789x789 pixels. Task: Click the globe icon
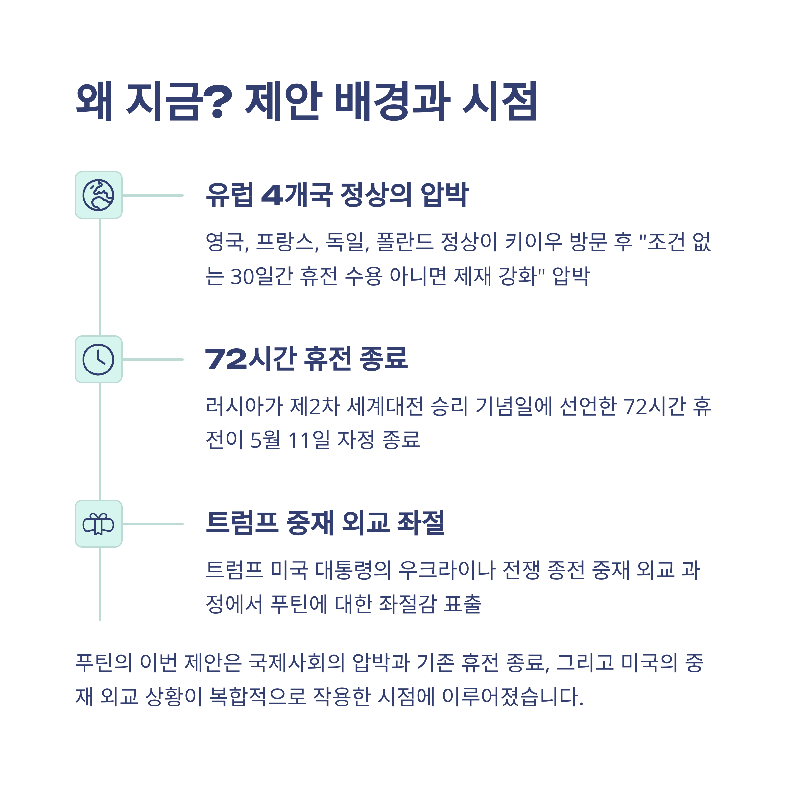click(98, 195)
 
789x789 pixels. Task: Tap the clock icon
click(98, 359)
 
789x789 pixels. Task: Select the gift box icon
click(98, 524)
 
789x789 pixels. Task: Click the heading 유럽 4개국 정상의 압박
click(337, 195)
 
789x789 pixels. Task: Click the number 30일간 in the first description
click(261, 276)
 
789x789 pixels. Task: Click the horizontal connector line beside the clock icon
click(153, 359)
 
